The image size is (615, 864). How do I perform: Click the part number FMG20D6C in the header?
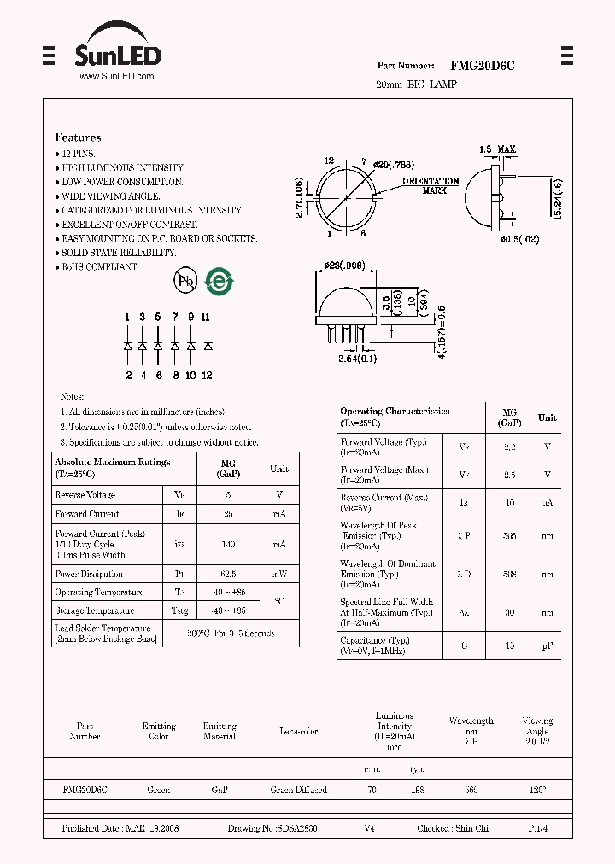click(482, 66)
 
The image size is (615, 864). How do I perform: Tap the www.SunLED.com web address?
click(116, 77)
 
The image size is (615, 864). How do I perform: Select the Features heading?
click(78, 137)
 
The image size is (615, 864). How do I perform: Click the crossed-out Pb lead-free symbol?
click(185, 280)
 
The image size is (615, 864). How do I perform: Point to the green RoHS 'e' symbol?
click(220, 282)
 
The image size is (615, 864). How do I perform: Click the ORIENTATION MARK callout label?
click(430, 186)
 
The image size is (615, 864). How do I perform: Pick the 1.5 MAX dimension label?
click(497, 150)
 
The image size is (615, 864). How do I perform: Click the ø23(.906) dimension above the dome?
click(344, 266)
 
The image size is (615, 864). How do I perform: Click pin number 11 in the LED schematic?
click(206, 318)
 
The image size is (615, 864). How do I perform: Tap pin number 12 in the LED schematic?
click(207, 376)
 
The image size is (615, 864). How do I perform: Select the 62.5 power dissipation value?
click(228, 575)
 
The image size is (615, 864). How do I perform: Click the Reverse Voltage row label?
click(85, 495)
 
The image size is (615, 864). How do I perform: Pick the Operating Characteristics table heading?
click(395, 411)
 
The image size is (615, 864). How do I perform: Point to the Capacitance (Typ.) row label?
click(375, 640)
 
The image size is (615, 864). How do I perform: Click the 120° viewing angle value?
click(536, 791)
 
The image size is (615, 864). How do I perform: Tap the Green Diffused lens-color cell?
click(298, 791)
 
